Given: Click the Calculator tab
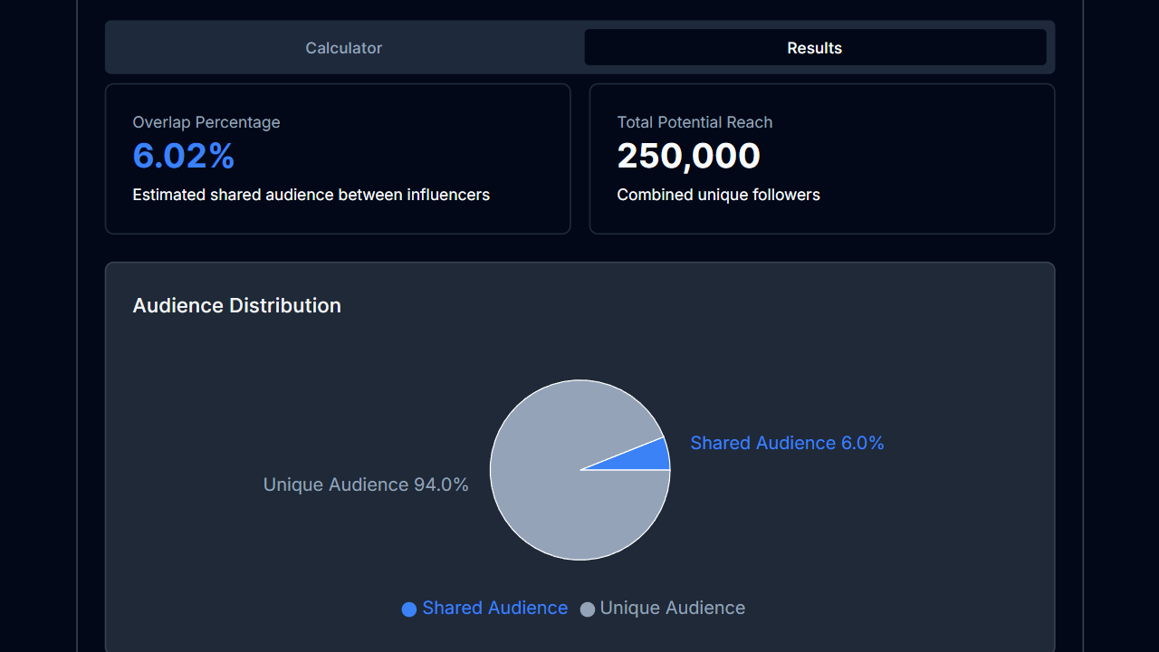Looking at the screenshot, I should (x=343, y=48).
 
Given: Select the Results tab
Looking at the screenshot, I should (x=814, y=48).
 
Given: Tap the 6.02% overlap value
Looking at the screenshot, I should (x=184, y=157).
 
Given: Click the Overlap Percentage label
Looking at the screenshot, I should (x=206, y=122).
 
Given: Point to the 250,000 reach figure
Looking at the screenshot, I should (x=688, y=157).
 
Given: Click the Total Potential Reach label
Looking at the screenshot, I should (x=694, y=122).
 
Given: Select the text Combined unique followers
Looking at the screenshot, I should (x=718, y=195).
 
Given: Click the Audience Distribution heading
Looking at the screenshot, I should (x=236, y=306).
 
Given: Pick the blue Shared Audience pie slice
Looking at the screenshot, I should (x=647, y=456).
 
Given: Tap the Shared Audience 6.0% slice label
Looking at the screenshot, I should (x=787, y=443).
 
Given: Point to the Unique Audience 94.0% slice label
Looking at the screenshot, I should (x=366, y=485).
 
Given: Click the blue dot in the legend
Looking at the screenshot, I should (x=409, y=609).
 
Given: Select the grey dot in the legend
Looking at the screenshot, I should (x=588, y=609).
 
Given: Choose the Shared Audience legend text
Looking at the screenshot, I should (x=494, y=609).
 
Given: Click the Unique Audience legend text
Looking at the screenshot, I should (x=672, y=609).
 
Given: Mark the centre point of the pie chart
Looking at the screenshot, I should (x=579, y=470).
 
